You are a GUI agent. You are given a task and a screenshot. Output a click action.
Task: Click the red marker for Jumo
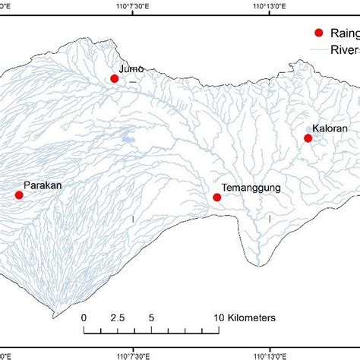115,78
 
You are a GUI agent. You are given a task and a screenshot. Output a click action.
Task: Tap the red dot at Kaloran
308,138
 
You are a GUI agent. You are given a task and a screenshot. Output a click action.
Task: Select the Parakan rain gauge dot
19,195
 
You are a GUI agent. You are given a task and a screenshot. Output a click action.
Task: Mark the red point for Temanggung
216,197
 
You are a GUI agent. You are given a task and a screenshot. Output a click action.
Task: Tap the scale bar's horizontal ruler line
152,332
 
